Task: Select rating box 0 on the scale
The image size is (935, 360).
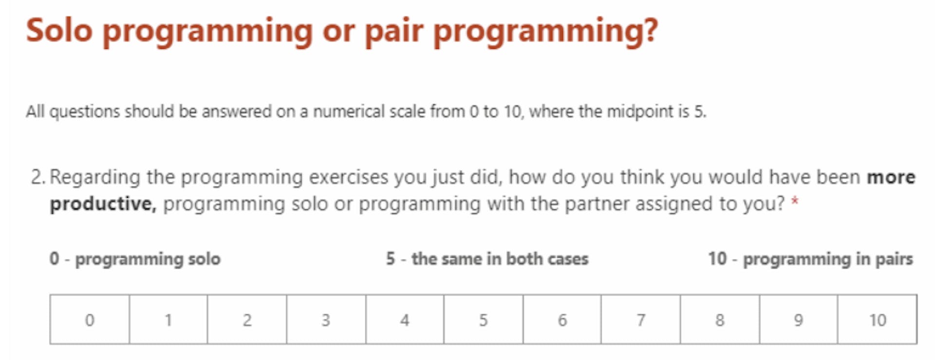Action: [90, 320]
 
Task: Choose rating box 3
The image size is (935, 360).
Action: [326, 320]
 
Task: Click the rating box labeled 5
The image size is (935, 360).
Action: [483, 320]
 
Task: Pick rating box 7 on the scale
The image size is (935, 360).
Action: [640, 320]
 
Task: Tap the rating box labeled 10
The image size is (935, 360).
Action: [877, 320]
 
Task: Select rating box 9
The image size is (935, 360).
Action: [798, 320]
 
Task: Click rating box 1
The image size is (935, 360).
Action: [168, 320]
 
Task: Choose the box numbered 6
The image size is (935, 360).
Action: [562, 320]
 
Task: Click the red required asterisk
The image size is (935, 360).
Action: [794, 201]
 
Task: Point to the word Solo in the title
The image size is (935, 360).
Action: [59, 30]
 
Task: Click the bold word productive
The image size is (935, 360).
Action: [103, 204]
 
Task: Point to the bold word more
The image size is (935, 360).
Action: [891, 177]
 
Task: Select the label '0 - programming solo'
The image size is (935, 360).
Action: [135, 259]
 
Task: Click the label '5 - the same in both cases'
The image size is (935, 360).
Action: [487, 259]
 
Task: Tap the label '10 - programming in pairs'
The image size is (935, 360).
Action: [810, 259]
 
